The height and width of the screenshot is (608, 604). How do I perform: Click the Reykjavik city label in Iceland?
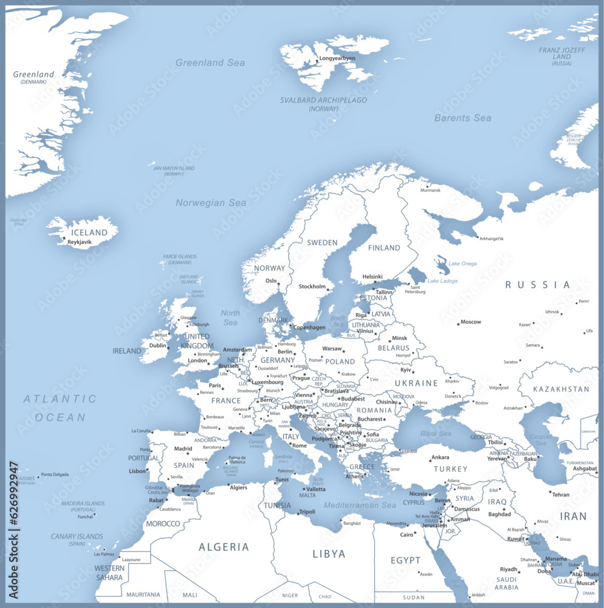click(80, 242)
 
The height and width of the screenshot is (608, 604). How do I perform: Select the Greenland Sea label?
click(210, 63)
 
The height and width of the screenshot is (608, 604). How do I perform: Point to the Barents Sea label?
click(462, 118)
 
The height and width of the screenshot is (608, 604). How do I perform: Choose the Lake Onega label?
click(462, 264)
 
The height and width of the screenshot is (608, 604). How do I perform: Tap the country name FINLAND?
click(384, 248)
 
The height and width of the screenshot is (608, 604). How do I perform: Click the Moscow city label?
click(470, 322)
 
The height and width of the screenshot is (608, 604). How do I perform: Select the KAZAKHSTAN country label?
click(561, 389)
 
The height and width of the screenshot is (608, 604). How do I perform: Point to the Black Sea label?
click(436, 434)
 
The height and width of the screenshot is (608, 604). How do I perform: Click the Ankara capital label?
click(440, 457)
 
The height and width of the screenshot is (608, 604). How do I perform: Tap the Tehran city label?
click(560, 495)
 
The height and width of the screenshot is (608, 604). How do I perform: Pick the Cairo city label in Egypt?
click(406, 535)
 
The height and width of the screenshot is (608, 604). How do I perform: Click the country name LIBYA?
click(329, 554)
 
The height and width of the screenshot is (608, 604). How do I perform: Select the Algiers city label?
click(238, 487)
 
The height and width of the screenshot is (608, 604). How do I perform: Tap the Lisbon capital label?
click(137, 471)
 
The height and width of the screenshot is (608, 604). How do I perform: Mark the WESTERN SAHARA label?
click(109, 573)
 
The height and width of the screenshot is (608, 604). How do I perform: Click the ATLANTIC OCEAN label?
click(60, 408)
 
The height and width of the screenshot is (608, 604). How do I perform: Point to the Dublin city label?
click(158, 345)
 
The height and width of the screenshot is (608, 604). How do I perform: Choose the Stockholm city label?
click(312, 286)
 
